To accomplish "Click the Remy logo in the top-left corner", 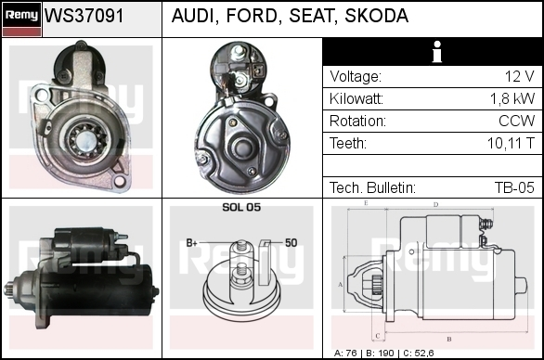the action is coord(21,19).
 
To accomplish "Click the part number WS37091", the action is coord(84,16).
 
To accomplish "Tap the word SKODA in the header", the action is coord(376,16).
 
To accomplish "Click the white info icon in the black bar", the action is coord(437,52).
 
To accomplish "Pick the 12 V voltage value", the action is coord(519,76).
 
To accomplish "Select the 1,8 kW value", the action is coord(512,98).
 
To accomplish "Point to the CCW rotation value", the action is coord(516,121).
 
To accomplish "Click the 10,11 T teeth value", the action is coord(511,143).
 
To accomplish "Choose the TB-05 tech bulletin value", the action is coord(514,187).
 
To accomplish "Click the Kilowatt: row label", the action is coord(356,98).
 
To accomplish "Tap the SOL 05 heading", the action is coord(241,207).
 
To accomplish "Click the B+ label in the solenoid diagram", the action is coord(191,243).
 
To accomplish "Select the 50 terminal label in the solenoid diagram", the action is coord(291,243).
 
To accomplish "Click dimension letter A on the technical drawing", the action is coord(340,285).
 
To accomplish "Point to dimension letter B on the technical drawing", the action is coord(449,339).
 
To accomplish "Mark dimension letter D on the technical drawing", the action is coord(435,205).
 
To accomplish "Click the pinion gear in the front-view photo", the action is coord(86,139).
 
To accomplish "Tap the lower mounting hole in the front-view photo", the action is coord(120,180).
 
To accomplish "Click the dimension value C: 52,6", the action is coord(419,354).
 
